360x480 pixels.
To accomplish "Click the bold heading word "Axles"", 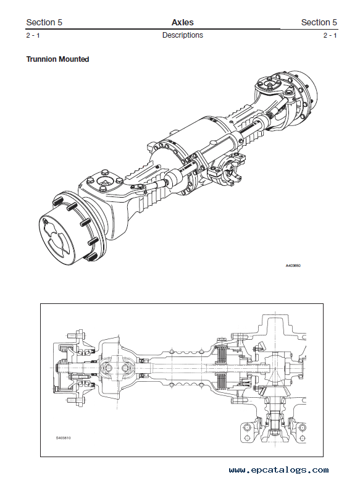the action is coord(183,22).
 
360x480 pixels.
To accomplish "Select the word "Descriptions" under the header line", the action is coord(183,35).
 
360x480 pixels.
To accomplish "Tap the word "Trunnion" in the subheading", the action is coord(41,59).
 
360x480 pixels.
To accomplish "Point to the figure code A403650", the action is coord(293,266).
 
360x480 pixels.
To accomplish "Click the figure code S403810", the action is coord(64,438).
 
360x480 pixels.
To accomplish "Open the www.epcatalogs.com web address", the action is coord(278,470).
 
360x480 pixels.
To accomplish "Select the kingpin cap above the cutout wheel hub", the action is coord(104,182).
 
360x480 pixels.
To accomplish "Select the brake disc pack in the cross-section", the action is coord(221,367).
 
